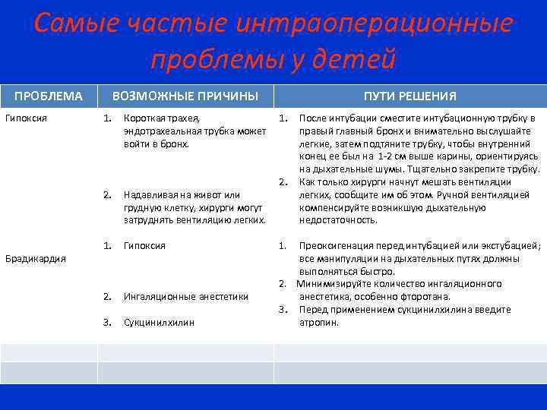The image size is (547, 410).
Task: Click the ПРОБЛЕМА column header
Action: point(49,96)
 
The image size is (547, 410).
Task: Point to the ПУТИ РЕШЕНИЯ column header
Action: point(409,96)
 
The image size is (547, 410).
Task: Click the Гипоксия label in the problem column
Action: point(27,118)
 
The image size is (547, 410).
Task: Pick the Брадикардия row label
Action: point(36,259)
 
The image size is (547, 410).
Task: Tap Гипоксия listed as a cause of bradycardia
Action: point(144,246)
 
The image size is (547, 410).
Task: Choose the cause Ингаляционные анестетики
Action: point(185,297)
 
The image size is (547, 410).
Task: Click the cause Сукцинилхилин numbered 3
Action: point(159,323)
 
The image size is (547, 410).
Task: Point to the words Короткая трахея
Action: point(162,118)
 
